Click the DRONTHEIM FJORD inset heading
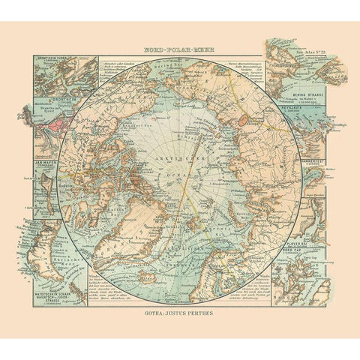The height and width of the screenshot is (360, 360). point(49,59)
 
